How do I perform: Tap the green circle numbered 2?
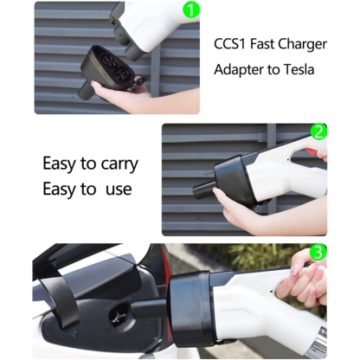tap(318, 133)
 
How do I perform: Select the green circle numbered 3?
tap(318, 253)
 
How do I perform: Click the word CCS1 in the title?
tap(230, 42)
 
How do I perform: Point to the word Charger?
tap(300, 42)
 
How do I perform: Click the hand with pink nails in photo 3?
tap(311, 277)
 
